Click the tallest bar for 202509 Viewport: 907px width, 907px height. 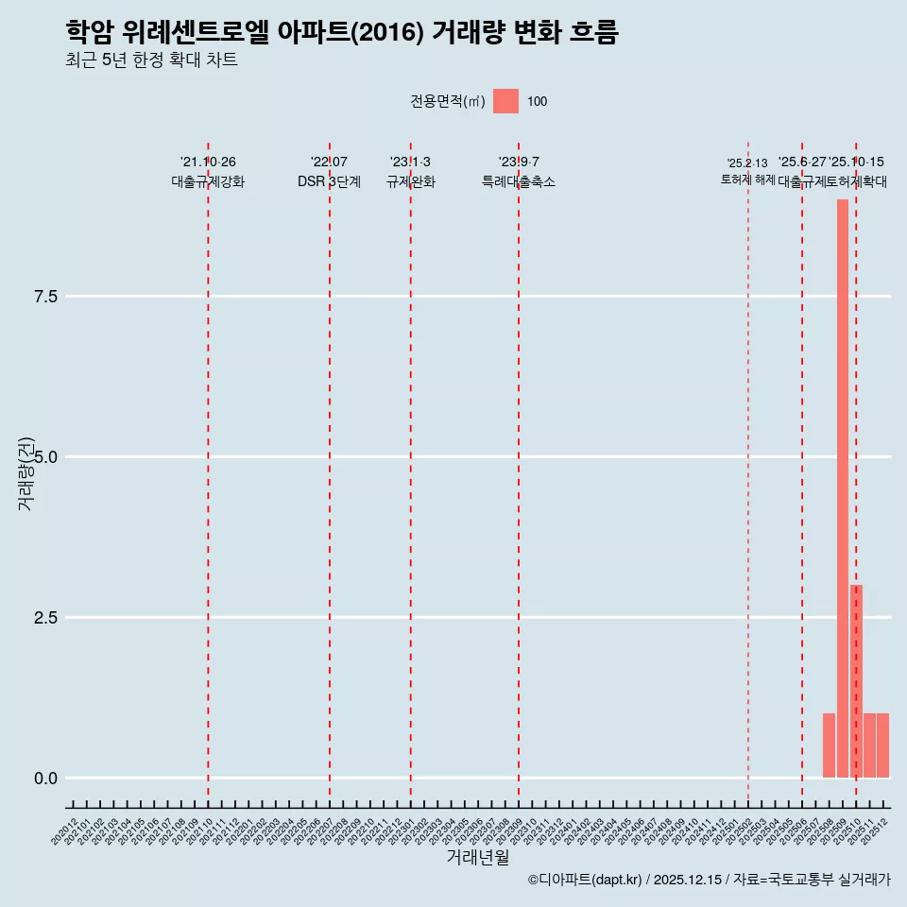(x=842, y=488)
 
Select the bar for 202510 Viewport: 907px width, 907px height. (x=856, y=681)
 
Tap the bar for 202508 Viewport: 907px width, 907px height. (x=829, y=745)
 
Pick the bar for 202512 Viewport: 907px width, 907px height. (x=882, y=745)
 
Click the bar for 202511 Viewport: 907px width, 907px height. (x=869, y=745)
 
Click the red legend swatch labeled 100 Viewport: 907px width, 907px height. (x=505, y=101)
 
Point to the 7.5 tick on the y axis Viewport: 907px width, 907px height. (x=46, y=297)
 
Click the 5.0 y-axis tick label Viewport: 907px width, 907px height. (x=46, y=457)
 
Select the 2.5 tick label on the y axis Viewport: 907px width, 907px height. (x=46, y=618)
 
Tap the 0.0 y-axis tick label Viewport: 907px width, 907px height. (x=46, y=779)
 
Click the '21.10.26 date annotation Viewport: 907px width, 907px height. (x=208, y=163)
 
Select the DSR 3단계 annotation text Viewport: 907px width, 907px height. (x=329, y=182)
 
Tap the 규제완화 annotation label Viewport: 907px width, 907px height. (x=410, y=182)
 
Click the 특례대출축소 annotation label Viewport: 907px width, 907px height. (x=519, y=182)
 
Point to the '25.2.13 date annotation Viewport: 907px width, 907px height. (x=747, y=163)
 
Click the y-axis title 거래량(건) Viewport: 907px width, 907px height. (x=26, y=473)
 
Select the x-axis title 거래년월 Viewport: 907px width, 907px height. (x=478, y=858)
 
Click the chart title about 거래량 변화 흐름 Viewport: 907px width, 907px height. (x=342, y=33)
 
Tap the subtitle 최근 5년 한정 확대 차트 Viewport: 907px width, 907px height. (x=151, y=61)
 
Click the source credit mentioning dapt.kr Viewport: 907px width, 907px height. (x=709, y=880)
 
